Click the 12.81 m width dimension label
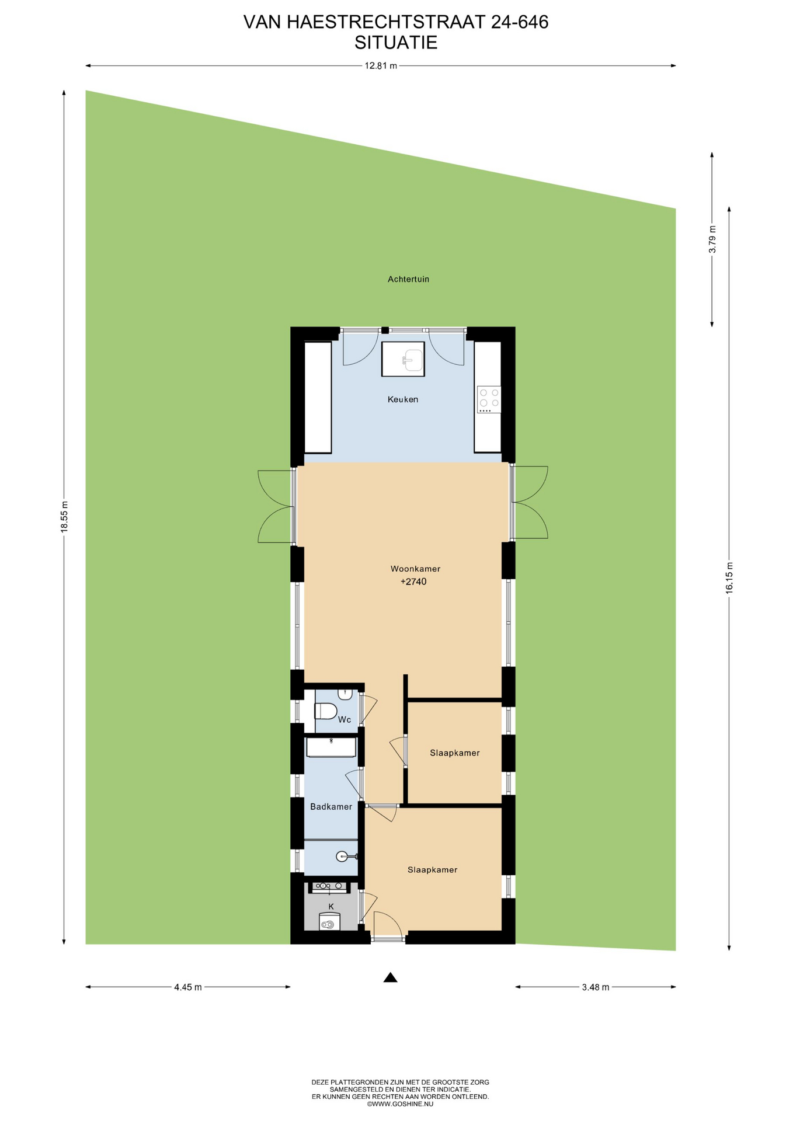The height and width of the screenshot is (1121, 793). point(381,66)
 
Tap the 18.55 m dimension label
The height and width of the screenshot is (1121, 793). point(65,516)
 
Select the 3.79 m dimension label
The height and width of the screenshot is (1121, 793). point(712,239)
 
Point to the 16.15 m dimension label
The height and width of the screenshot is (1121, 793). point(729,578)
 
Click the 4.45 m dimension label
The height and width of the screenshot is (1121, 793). point(188,987)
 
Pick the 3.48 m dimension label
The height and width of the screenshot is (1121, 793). point(596,987)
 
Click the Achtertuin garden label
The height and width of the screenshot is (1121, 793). point(409,279)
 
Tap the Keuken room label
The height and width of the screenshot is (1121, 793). point(403,399)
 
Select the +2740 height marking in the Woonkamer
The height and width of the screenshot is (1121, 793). point(413,582)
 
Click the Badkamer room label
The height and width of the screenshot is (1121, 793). point(331,807)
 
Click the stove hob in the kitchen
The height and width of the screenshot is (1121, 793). point(489,399)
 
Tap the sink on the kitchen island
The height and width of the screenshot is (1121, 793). point(412,358)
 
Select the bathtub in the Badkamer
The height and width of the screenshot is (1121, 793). point(331,747)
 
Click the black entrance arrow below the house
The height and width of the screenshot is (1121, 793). point(391,977)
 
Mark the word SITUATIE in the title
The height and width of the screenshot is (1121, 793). point(396,43)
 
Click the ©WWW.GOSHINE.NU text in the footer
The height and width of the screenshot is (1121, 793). point(400,1104)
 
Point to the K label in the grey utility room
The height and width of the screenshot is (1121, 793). point(331,907)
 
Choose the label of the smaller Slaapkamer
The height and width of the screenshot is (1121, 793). point(455,753)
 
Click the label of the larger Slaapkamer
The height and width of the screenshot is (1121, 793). point(433,870)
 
